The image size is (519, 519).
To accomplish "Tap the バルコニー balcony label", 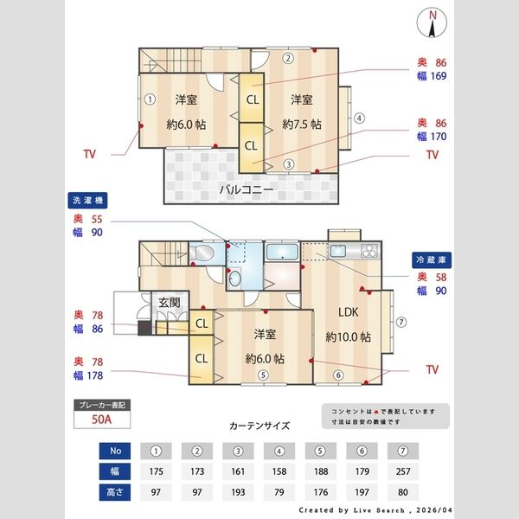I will (x=247, y=188).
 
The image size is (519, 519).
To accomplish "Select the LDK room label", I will (x=349, y=313).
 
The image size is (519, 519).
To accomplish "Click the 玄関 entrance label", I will (x=169, y=303).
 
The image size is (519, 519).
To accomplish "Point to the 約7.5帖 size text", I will (x=302, y=124).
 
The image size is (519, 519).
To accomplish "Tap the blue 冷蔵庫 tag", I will (x=430, y=259).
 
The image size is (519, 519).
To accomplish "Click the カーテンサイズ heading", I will (x=259, y=426).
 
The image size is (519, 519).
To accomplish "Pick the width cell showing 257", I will (x=401, y=472).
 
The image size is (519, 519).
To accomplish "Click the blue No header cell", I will (x=115, y=450).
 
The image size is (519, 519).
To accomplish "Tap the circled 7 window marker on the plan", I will (x=401, y=322).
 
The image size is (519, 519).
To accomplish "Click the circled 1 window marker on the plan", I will (x=150, y=98).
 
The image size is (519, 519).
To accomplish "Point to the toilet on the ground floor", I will (x=204, y=253).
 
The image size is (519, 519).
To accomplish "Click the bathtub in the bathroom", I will (x=282, y=253).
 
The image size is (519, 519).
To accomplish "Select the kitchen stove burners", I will (x=368, y=252).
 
